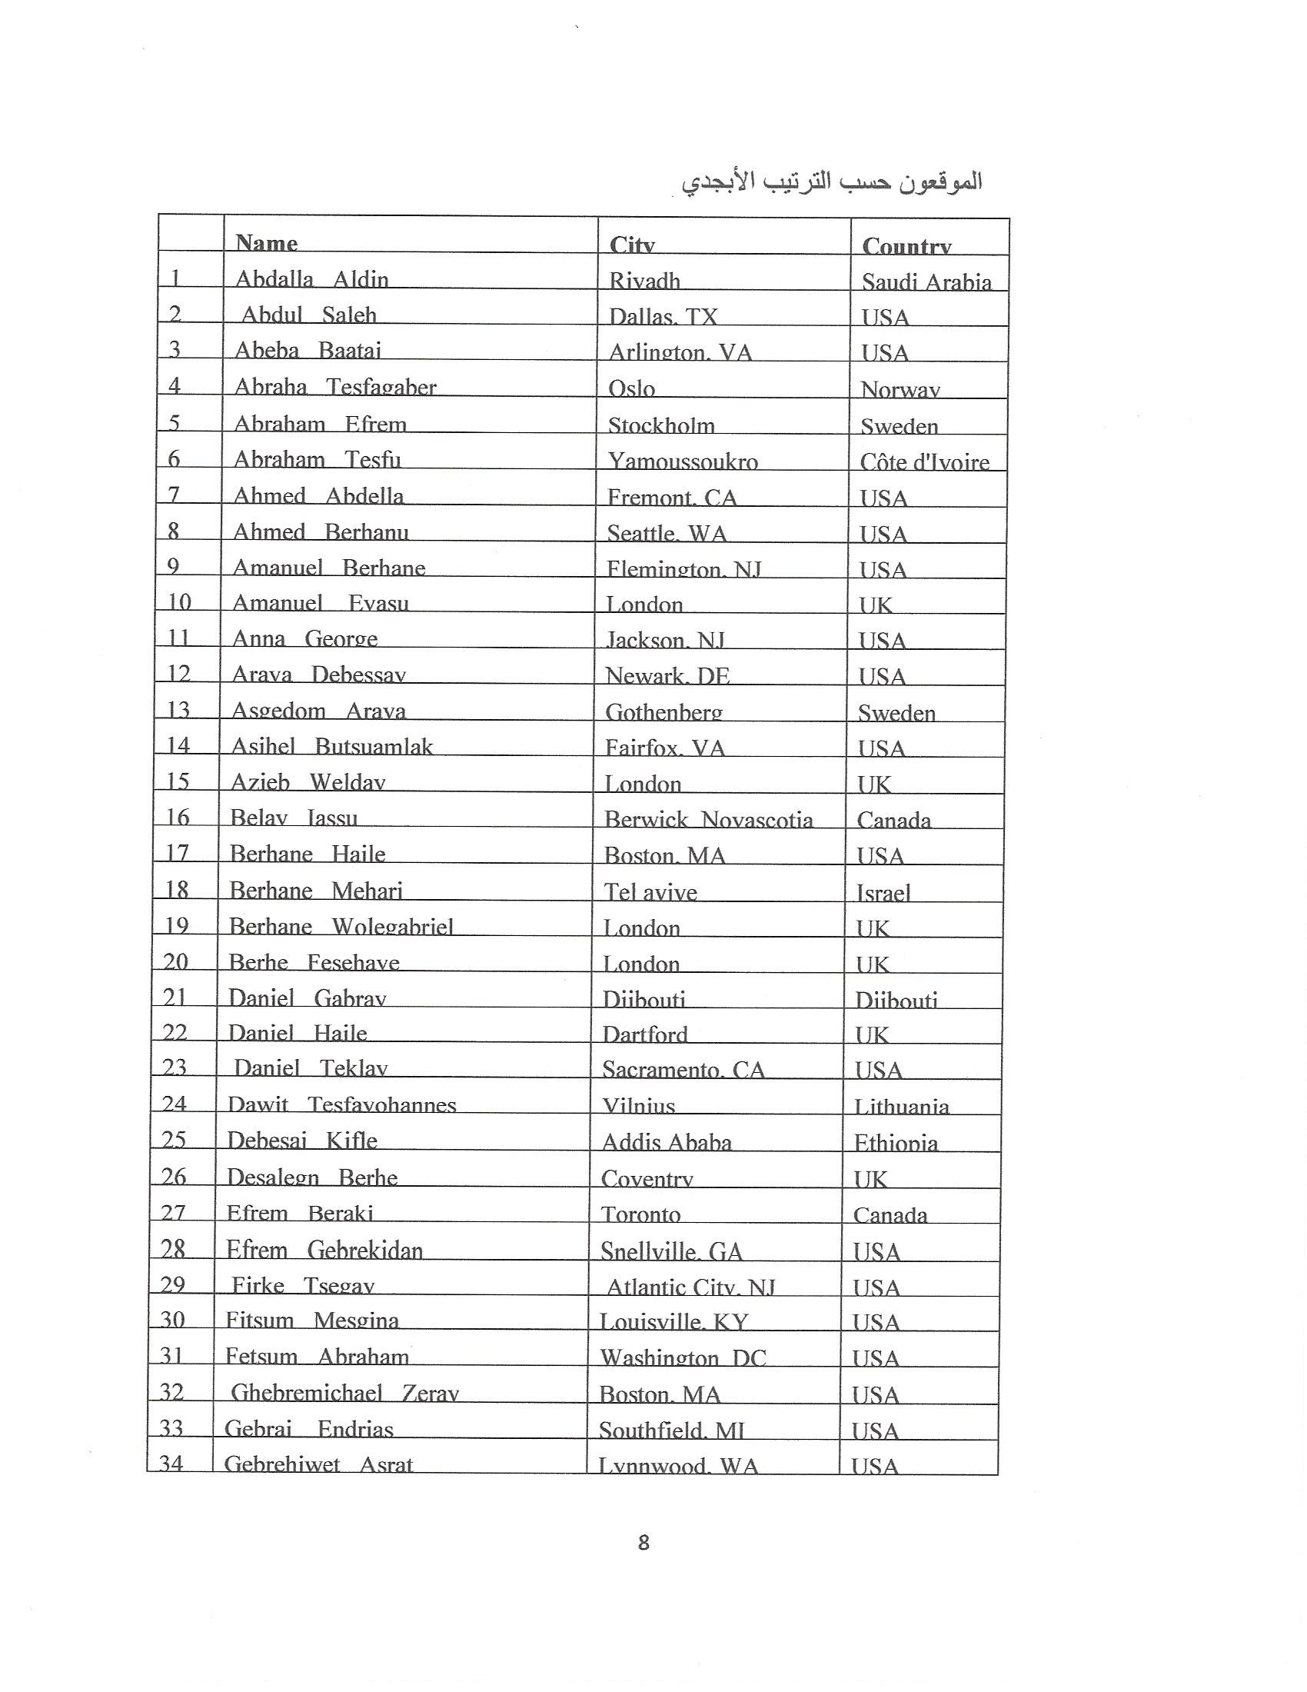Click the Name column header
(x=266, y=242)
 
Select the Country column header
(x=906, y=245)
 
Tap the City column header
(x=632, y=244)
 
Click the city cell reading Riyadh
(x=644, y=280)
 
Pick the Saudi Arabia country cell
(x=926, y=281)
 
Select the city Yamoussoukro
(x=682, y=461)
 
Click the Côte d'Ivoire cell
(x=924, y=461)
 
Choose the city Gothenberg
(x=663, y=711)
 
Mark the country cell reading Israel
(x=883, y=892)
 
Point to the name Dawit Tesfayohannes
(x=341, y=1104)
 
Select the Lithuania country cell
(x=901, y=1105)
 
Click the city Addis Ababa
(x=666, y=1141)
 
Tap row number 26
(x=175, y=1176)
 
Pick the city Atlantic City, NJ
(x=690, y=1287)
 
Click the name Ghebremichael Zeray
(x=344, y=1392)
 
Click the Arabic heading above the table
(x=832, y=182)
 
